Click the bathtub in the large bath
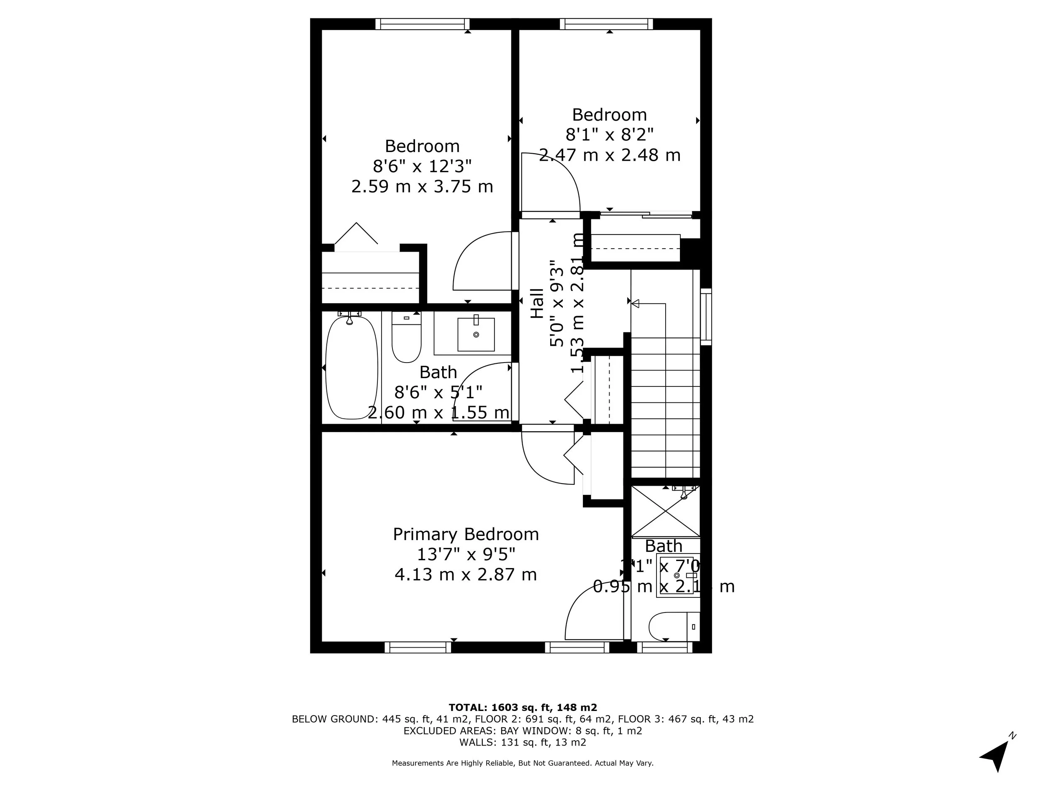[x=351, y=368]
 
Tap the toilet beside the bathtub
[x=406, y=339]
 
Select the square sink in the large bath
[x=476, y=335]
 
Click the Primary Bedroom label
[x=466, y=534]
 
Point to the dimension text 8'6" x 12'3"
[x=422, y=166]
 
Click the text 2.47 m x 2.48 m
[x=610, y=155]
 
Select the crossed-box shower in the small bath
[x=665, y=511]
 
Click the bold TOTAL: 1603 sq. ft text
[x=523, y=708]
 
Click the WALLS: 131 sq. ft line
[x=523, y=742]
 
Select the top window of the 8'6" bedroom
[x=422, y=24]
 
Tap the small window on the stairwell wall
[x=705, y=316]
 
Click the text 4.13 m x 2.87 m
[x=466, y=574]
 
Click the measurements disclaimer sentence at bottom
[x=523, y=763]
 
